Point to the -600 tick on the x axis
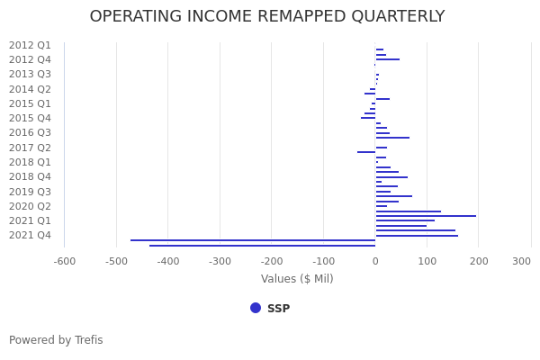[64, 261]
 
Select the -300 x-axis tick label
[220, 261]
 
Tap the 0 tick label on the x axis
[375, 261]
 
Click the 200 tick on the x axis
[479, 261]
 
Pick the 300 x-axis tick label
[522, 261]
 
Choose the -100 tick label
[323, 261]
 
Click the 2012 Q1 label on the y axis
[30, 45]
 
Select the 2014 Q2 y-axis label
[30, 89]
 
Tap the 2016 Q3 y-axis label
[30, 132]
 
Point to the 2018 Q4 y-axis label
[30, 176]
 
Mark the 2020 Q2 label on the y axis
[30, 206]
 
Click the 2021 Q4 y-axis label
[30, 235]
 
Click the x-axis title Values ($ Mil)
[297, 279]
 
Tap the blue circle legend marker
[256, 308]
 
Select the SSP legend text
[278, 309]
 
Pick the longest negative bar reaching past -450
[252, 240]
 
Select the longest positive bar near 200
[426, 216]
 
